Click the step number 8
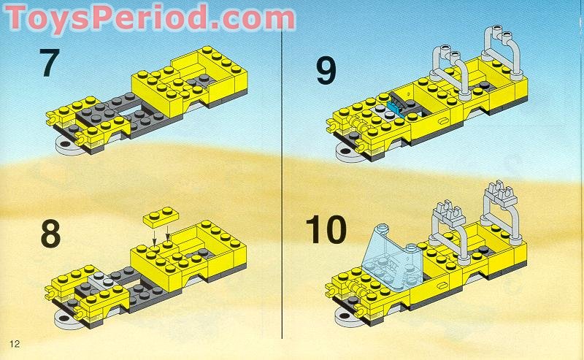click(50, 235)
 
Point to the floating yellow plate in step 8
click(163, 217)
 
